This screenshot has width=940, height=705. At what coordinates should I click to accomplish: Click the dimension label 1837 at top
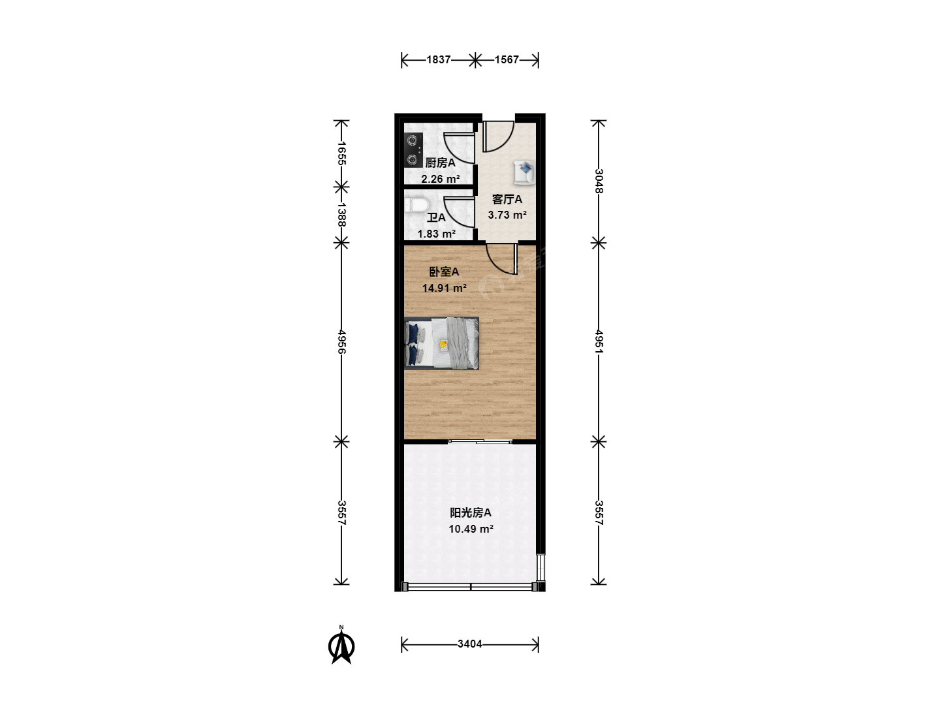(438, 60)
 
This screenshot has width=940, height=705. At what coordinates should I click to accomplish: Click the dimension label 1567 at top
(507, 60)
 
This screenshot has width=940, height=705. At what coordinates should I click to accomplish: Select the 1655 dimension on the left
(341, 153)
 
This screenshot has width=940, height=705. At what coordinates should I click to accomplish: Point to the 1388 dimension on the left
(341, 215)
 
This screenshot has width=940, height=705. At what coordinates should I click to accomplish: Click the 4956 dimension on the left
(341, 341)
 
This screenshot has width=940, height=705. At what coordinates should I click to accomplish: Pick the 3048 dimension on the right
(599, 181)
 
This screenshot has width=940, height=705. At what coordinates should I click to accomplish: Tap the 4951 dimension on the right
(599, 341)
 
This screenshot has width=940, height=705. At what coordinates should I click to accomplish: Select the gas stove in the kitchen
(413, 150)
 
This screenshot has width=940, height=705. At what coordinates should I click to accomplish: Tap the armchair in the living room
(524, 173)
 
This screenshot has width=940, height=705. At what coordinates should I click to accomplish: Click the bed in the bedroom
(441, 343)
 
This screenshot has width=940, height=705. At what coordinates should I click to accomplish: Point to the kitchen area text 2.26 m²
(440, 179)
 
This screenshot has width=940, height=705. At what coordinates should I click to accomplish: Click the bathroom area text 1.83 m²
(437, 234)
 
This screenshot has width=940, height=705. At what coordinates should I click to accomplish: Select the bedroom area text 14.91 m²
(444, 288)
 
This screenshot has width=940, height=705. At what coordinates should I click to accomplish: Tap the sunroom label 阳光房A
(470, 513)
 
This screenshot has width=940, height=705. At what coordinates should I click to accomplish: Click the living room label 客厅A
(507, 200)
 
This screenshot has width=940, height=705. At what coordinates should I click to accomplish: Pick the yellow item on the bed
(444, 345)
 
